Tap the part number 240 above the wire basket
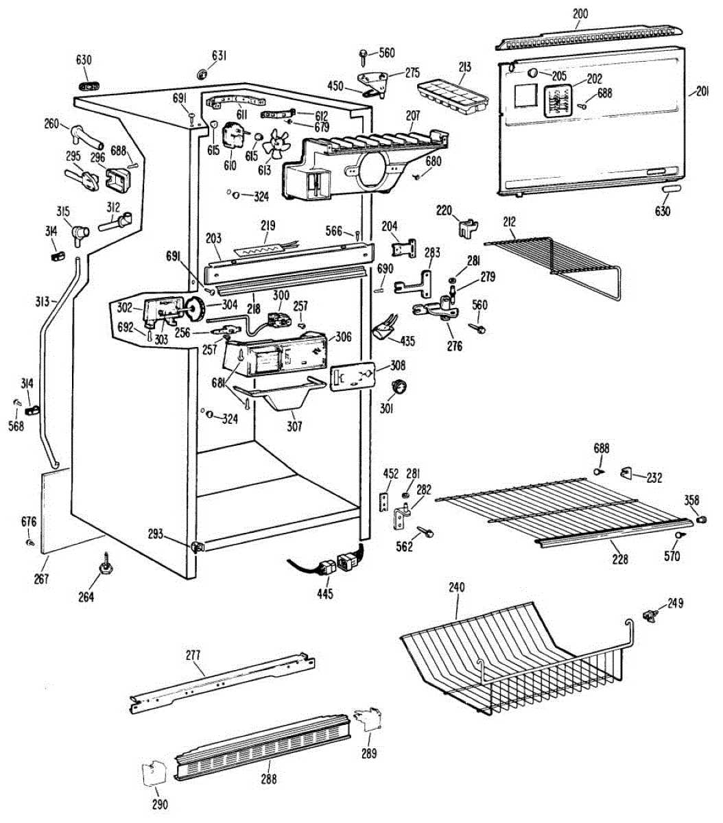[456, 587]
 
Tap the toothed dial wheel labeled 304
[196, 310]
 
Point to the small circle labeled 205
[534, 73]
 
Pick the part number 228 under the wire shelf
[619, 560]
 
